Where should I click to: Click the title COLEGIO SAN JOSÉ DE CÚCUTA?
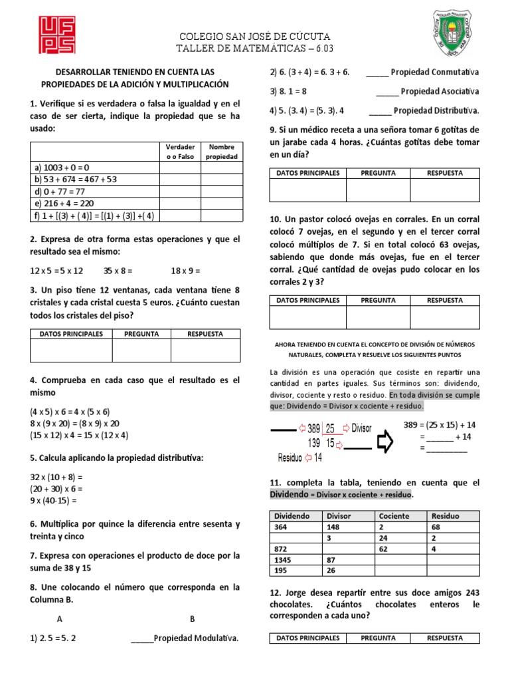point(255,36)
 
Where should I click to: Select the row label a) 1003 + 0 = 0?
point(61,168)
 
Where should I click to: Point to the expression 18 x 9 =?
point(185,271)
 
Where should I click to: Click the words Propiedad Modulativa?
point(196,639)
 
